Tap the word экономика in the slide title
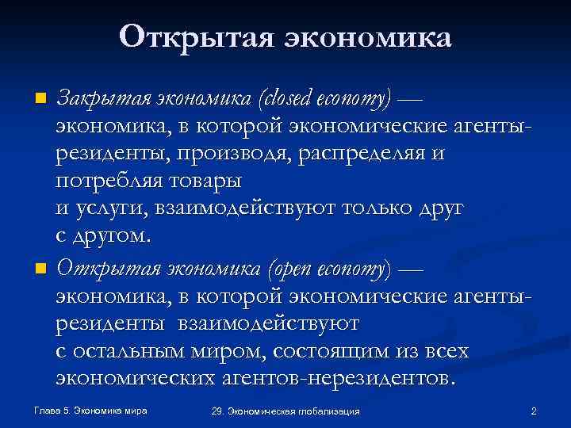point(362,37)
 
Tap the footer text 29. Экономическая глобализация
point(286,411)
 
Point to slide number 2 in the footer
point(534,411)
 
